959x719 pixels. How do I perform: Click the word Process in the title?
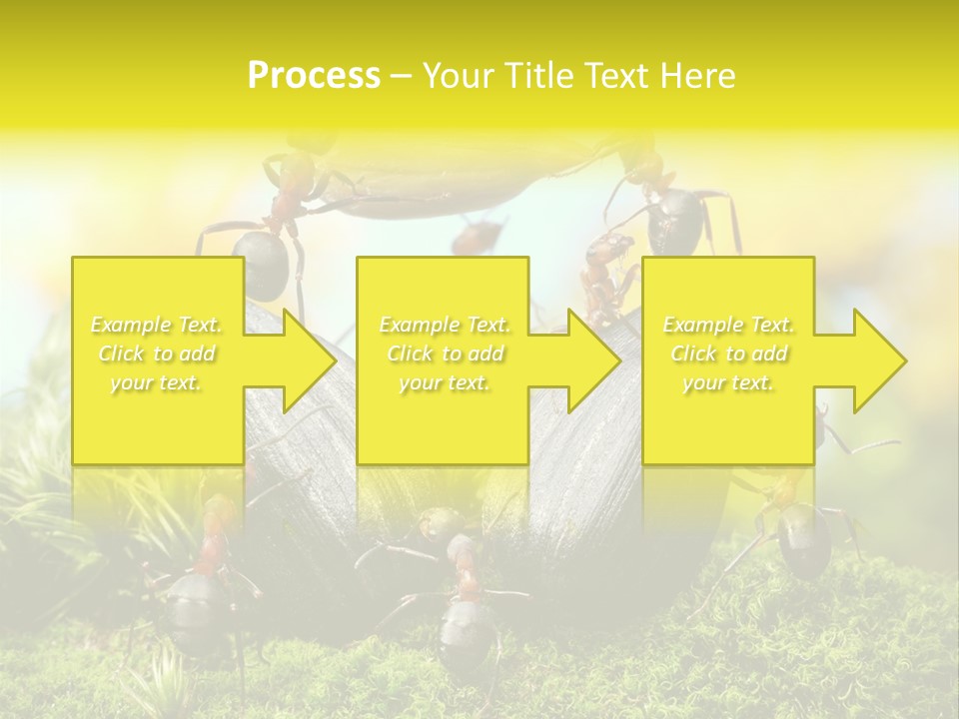click(x=314, y=76)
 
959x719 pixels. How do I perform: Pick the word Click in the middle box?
click(x=409, y=354)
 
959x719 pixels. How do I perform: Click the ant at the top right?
click(x=674, y=220)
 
